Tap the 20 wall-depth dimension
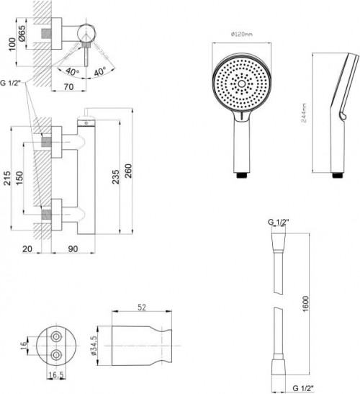tap(27, 249)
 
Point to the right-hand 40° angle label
tap(99, 71)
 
